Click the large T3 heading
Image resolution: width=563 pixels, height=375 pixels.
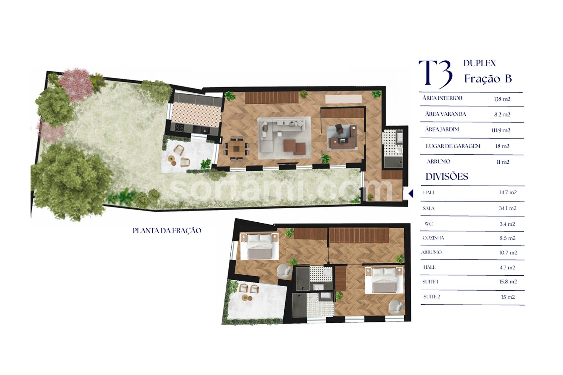(x=435, y=74)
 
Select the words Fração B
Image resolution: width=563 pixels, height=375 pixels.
(x=488, y=79)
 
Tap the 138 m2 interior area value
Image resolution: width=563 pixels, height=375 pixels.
(x=502, y=99)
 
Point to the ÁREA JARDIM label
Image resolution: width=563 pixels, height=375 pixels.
(x=442, y=129)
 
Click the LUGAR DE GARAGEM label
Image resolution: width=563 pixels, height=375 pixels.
(x=453, y=146)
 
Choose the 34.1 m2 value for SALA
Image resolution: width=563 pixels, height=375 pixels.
(x=508, y=208)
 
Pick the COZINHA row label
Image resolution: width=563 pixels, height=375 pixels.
(x=433, y=238)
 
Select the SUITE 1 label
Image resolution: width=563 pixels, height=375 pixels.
(x=430, y=282)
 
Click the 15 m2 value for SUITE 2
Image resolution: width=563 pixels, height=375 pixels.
(x=508, y=297)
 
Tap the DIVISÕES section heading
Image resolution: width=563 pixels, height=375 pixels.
(x=447, y=176)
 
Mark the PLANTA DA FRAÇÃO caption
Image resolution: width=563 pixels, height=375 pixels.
(x=167, y=231)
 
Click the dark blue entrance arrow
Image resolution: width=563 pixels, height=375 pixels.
(x=411, y=193)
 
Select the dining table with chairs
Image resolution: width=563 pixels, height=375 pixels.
(x=236, y=149)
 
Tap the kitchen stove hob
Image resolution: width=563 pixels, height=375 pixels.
(x=179, y=128)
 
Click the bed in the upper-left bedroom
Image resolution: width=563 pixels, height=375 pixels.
(x=260, y=246)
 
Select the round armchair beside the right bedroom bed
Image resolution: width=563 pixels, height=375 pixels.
(x=396, y=307)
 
